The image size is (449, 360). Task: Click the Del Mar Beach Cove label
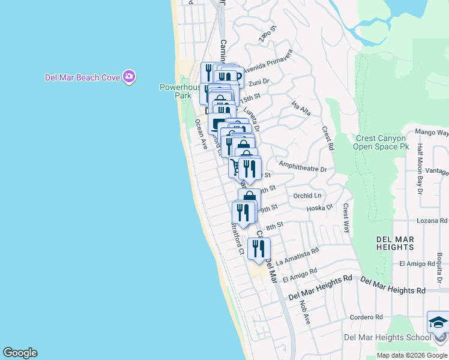click(x=82, y=77)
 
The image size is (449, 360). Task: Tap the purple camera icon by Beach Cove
click(x=129, y=76)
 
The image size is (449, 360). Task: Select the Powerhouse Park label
click(x=179, y=91)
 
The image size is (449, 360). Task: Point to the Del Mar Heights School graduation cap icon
click(x=438, y=324)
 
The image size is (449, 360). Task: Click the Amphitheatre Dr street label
click(x=303, y=169)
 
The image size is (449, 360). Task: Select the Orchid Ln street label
click(x=307, y=196)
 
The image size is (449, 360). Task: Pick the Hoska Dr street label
click(x=319, y=208)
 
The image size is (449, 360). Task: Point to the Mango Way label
click(x=432, y=132)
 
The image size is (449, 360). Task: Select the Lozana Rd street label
click(x=431, y=221)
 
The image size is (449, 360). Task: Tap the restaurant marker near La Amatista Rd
click(x=259, y=249)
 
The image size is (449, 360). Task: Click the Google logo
click(x=20, y=353)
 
